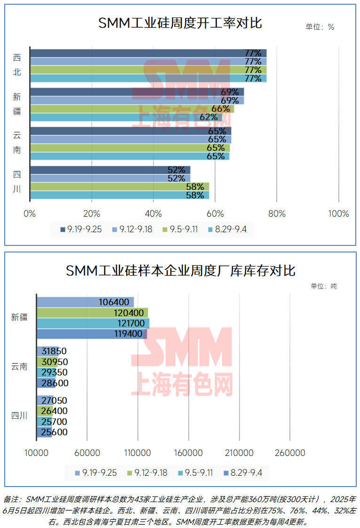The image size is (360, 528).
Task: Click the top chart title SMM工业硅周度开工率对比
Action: click(180, 24)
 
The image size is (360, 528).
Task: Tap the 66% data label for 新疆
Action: click(221, 109)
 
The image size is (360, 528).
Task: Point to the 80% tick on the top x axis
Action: click(277, 214)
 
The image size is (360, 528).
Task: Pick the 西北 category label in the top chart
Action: click(17, 65)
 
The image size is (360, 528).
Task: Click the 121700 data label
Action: click(128, 323)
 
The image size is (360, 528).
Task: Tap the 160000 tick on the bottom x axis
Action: click(188, 453)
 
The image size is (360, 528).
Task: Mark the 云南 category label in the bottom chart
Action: click(19, 366)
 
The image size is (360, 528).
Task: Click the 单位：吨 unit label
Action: click(324, 286)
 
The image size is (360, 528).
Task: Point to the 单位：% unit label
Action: click(320, 27)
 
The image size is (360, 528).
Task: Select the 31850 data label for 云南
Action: click(55, 351)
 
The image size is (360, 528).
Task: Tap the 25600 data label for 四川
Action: click(54, 432)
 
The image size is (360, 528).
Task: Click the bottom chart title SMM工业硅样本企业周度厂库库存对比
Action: click(180, 271)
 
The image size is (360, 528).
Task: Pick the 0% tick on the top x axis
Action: click(30, 214)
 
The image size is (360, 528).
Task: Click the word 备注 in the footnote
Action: click(13, 499)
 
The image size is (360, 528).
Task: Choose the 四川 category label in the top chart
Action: click(17, 181)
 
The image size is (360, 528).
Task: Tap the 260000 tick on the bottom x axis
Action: click(289, 453)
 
